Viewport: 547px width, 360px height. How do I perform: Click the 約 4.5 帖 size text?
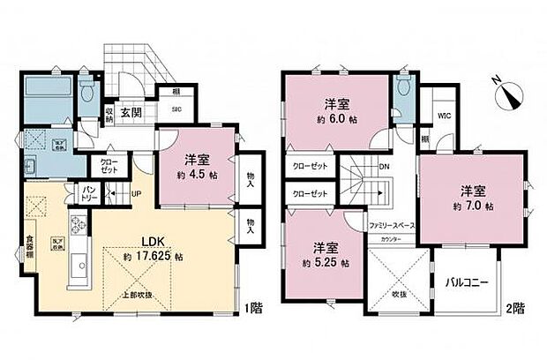200,174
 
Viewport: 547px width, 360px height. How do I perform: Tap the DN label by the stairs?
386,166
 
